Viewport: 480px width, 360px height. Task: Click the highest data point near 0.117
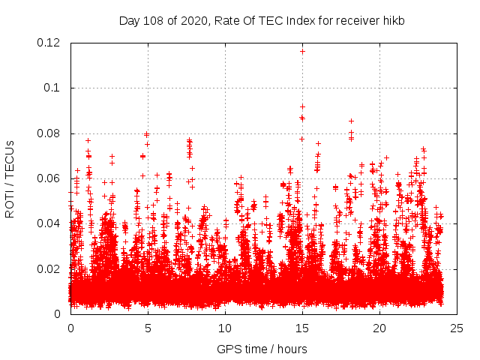pos(302,51)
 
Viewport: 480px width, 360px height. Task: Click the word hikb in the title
pos(391,20)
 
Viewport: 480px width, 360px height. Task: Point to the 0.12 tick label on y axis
pos(50,43)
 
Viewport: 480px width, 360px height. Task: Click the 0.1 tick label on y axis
pos(55,88)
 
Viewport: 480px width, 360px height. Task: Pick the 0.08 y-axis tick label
pos(50,133)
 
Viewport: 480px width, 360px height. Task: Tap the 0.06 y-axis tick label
pos(50,178)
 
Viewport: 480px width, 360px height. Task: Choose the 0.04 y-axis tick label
pos(50,223)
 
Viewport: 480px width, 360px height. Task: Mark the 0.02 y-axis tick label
pos(50,268)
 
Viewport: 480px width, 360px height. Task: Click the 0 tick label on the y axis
pos(61,313)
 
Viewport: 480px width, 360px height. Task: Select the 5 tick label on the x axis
pos(148,328)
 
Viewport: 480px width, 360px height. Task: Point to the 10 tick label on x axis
pos(225,328)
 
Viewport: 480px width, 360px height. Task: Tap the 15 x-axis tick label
pos(302,328)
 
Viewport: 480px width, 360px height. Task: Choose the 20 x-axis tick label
pos(379,328)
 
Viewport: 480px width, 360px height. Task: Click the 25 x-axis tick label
pos(457,328)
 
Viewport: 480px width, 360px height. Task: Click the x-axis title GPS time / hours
pos(262,349)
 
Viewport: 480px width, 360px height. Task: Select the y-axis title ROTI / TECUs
pos(10,178)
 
